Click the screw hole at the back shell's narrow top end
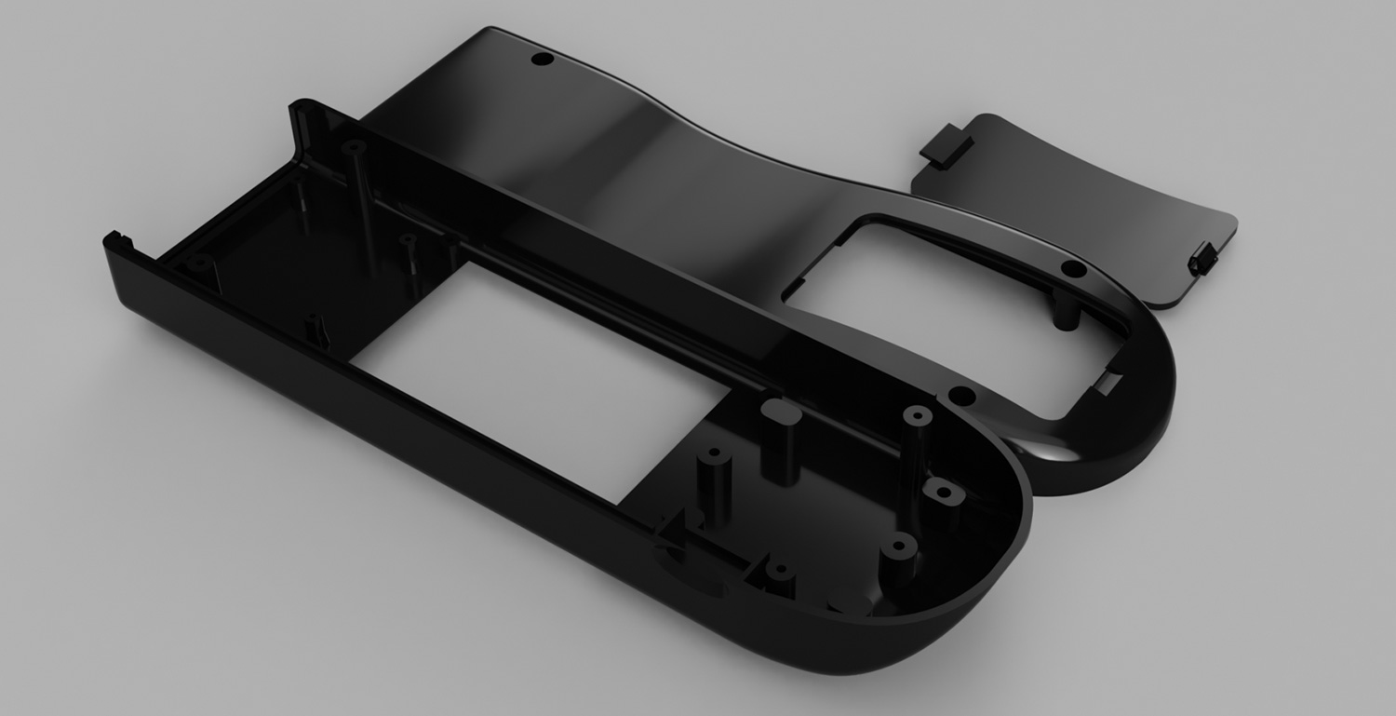coord(540,60)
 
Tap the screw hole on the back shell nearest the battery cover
coord(1073,269)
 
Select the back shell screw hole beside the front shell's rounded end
coord(962,398)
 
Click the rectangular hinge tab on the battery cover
coord(944,147)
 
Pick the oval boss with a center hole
coord(942,492)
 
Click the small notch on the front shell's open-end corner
coord(114,239)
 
